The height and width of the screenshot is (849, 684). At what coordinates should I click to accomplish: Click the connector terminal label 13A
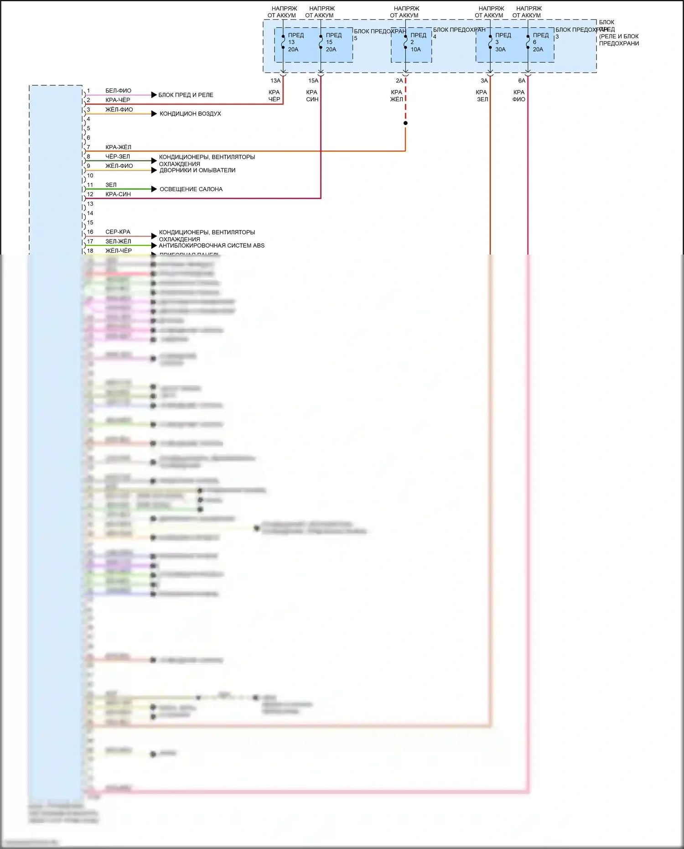point(275,81)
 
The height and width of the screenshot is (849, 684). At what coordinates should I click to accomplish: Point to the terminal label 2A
point(399,81)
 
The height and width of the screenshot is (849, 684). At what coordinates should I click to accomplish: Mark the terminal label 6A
point(522,81)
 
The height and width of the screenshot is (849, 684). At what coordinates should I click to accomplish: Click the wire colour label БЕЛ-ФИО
point(118,91)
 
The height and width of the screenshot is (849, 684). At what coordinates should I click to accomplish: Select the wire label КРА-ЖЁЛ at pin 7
point(118,147)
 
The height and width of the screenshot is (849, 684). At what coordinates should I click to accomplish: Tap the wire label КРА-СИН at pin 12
point(118,194)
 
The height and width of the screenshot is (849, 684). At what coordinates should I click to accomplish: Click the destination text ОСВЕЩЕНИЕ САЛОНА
point(191,189)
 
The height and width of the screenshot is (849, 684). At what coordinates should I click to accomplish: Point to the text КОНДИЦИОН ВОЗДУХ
point(190,114)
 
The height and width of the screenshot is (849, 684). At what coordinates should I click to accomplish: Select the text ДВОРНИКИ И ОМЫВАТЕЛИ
point(197,170)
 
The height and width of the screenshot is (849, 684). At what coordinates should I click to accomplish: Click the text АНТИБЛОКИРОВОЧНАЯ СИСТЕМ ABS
point(212,245)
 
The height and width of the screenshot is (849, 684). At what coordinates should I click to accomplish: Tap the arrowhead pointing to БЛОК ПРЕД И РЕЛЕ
point(154,95)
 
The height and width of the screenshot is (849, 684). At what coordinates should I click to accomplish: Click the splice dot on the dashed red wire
point(405,123)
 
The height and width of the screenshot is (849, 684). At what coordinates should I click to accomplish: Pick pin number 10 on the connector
point(90,176)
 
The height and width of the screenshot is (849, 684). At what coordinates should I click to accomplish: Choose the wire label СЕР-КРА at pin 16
point(118,232)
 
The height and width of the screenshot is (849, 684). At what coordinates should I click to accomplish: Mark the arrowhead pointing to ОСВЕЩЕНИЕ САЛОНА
point(154,189)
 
